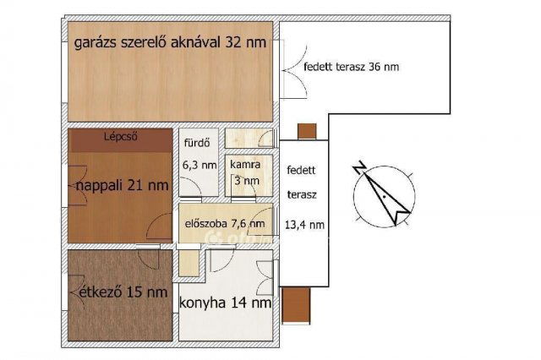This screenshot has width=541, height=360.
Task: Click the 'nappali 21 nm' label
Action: [x=119, y=184]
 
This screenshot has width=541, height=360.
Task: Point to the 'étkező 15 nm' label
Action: [x=118, y=292]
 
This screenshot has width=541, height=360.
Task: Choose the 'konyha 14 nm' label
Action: [x=226, y=302]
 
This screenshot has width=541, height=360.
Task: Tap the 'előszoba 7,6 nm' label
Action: [x=224, y=223]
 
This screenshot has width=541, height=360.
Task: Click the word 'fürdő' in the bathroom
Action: [x=197, y=144]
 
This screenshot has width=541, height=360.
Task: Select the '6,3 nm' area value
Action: [x=199, y=166]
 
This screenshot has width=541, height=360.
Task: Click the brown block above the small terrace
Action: [x=307, y=131]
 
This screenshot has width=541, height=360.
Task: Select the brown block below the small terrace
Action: [x=298, y=302]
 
